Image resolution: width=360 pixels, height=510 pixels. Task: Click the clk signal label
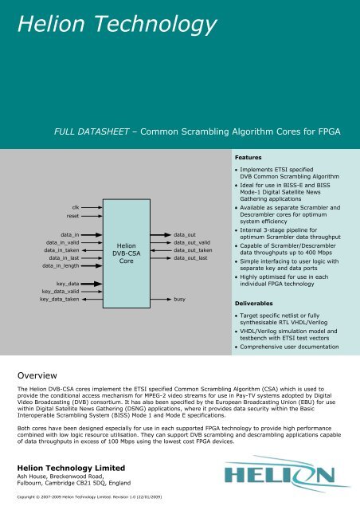(x=74, y=206)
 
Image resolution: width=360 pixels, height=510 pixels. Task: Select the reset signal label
(x=72, y=215)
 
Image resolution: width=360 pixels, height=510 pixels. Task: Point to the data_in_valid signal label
(x=62, y=243)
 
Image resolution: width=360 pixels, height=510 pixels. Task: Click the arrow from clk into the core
(x=92, y=206)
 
